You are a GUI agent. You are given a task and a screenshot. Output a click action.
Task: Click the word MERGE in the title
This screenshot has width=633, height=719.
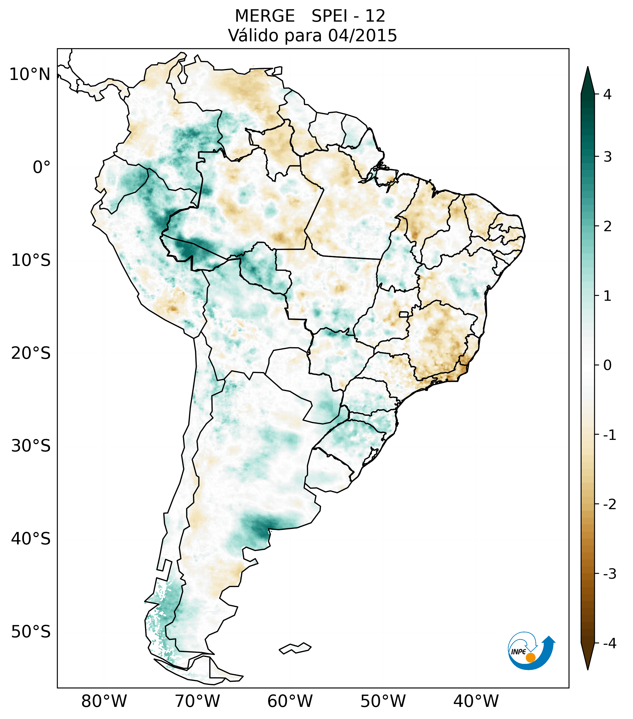pos(264,16)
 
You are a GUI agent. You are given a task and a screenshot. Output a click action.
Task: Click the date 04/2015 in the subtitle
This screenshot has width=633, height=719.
pos(362,36)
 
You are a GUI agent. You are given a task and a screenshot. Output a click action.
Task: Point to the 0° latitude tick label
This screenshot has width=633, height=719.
pos(42,167)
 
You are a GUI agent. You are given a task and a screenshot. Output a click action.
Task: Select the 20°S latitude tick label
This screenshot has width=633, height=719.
pos(31,353)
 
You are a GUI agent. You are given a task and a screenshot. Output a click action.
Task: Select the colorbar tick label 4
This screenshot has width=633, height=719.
pos(607,94)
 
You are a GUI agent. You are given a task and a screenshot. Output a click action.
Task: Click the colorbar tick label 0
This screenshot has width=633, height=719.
pos(607,365)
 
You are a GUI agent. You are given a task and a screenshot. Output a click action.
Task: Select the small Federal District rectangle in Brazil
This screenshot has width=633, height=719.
pos(404,314)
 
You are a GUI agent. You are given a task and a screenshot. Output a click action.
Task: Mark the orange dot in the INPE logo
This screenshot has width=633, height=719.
pos(530,658)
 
